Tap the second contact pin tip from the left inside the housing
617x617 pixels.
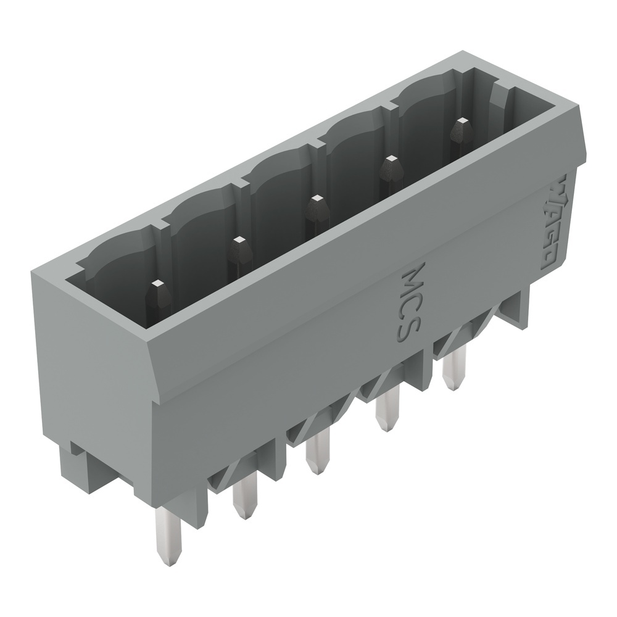click(x=238, y=242)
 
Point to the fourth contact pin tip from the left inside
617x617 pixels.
click(x=391, y=162)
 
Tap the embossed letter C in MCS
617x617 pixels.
click(x=410, y=304)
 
